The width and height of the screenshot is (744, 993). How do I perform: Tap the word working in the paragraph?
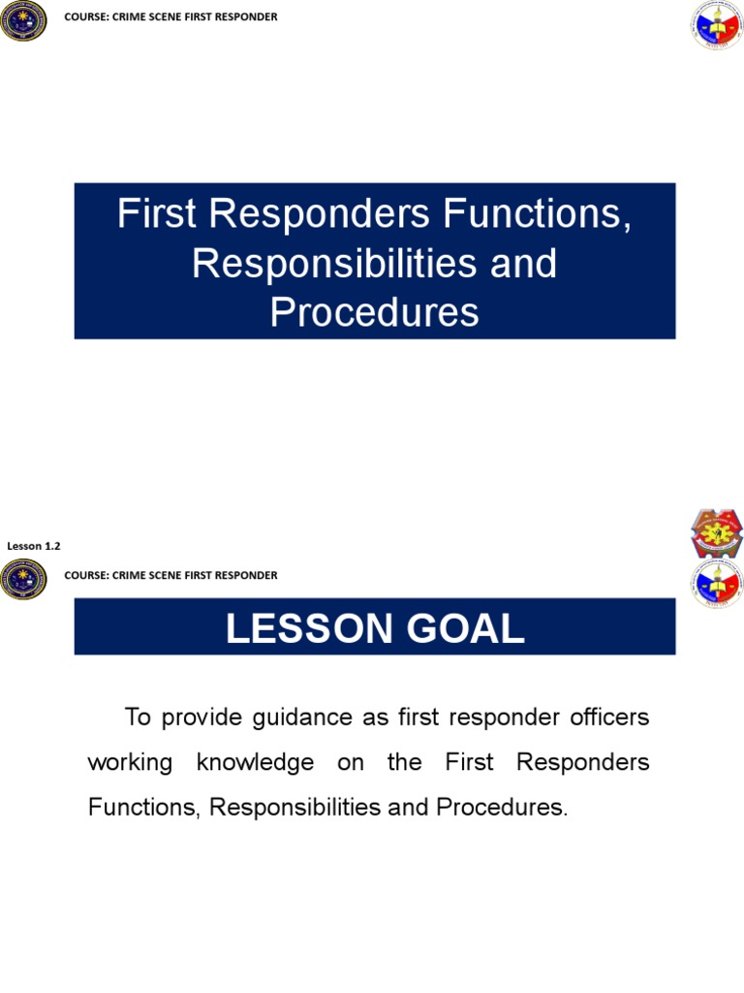coord(130,762)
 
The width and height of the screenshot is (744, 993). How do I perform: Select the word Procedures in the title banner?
coord(374,312)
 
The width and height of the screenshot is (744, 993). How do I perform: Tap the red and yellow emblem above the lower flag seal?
coord(717,532)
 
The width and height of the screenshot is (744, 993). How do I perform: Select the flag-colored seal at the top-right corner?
coord(717,26)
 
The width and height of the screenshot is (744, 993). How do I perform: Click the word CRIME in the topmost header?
coord(131,17)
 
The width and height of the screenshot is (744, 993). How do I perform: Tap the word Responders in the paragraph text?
coord(583,762)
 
